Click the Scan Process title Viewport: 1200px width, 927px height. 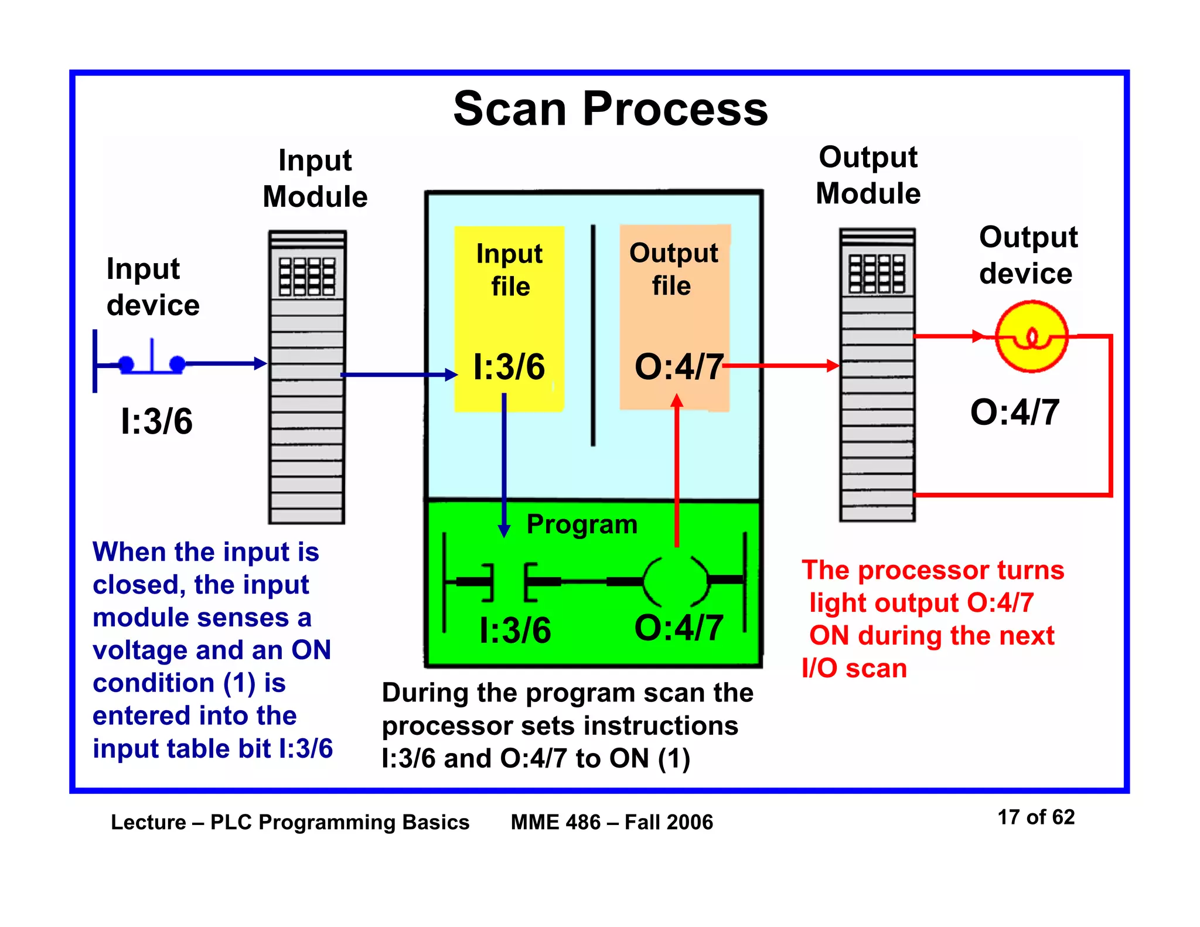point(610,109)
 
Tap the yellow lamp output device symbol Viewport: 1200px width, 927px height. point(1031,337)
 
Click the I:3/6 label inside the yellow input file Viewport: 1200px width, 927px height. point(509,367)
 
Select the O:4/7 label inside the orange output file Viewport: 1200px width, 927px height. point(678,367)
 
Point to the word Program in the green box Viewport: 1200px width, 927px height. point(581,524)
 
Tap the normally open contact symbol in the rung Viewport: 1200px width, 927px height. point(509,582)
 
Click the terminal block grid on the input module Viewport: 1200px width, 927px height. point(307,277)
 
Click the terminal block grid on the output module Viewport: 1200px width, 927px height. point(877,274)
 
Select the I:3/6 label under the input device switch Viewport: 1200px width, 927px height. point(156,421)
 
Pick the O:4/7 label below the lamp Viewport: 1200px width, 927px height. point(1014,412)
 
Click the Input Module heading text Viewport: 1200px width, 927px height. point(315,178)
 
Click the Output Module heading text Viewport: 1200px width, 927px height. point(868,175)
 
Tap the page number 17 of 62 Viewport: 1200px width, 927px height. point(1035,817)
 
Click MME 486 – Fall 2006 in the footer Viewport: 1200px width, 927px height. point(612,822)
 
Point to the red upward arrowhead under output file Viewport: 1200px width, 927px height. point(677,400)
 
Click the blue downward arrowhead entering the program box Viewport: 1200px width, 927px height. point(504,530)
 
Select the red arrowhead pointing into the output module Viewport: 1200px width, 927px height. point(833,366)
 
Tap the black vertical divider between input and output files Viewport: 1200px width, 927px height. point(593,335)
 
